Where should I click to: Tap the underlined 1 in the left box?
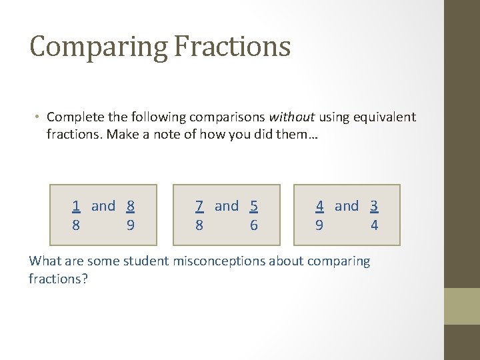(77, 206)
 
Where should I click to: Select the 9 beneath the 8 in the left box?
(131, 225)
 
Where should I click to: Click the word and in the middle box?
(227, 206)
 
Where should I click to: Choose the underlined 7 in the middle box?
(199, 206)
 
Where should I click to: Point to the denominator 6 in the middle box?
(254, 225)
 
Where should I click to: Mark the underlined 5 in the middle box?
(254, 206)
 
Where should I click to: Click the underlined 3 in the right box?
(374, 206)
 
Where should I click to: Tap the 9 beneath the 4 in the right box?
(319, 225)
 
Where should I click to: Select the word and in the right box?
(347, 206)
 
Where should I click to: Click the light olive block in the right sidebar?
(462, 306)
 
